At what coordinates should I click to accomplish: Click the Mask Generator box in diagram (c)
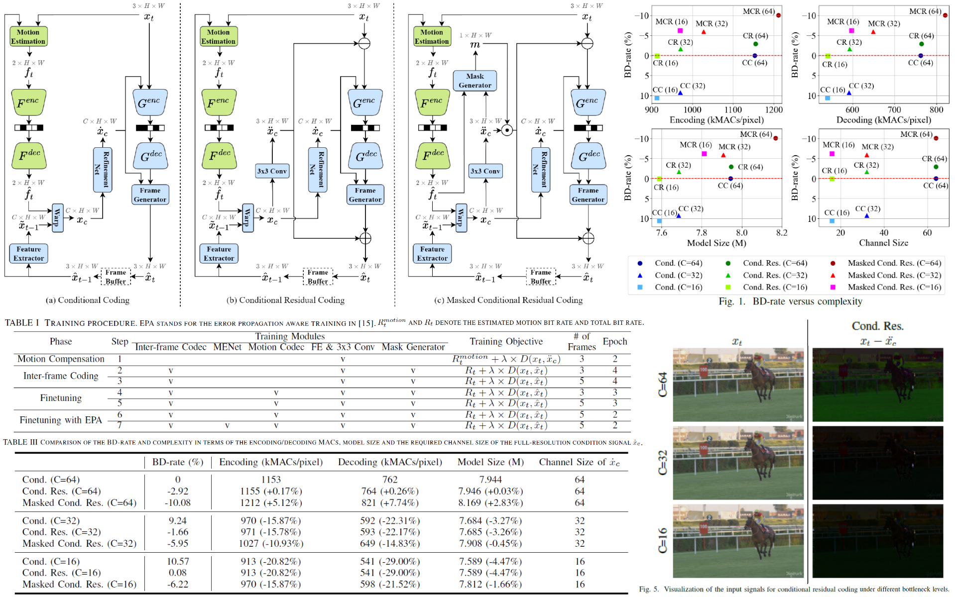point(475,81)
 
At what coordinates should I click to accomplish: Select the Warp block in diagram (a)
point(57,218)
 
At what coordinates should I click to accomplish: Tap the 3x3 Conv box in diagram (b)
point(272,171)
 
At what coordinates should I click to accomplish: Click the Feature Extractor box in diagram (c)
point(432,253)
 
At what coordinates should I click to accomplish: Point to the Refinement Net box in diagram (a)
point(102,170)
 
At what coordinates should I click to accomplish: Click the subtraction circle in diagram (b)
point(364,43)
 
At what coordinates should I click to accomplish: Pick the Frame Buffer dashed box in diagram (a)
point(116,277)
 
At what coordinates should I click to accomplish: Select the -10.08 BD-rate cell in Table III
point(178,502)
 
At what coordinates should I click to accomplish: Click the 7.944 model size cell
point(490,479)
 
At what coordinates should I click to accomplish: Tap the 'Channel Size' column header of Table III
point(579,462)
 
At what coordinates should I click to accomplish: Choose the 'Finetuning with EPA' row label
point(61,420)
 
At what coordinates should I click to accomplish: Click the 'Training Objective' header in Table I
point(506,341)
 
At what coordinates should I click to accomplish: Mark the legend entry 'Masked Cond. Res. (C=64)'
point(894,263)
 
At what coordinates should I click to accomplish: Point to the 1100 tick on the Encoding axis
point(732,109)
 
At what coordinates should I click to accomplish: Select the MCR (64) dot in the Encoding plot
point(778,15)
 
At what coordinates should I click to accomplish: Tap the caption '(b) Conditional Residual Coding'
point(285,300)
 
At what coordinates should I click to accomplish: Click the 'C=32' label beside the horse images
point(663,463)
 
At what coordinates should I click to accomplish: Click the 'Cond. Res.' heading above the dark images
point(877,326)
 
